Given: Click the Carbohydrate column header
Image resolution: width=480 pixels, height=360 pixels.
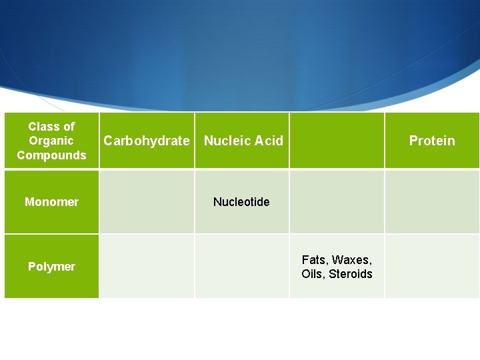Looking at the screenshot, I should tap(147, 141).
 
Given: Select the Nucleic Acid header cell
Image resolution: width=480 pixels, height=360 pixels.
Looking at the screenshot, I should tap(243, 141).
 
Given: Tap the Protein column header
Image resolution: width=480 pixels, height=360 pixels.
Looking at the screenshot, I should tap(432, 141).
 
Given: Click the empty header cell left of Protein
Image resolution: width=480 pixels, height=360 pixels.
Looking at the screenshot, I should tap(337, 141).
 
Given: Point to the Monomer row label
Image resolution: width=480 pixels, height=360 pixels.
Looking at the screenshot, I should tap(51, 201).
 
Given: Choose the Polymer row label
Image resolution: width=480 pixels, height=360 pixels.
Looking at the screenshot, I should tap(51, 267).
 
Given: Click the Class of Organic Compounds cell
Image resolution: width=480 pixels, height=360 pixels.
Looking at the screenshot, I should tap(51, 141).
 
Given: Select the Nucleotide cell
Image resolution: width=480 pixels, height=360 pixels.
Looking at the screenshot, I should tap(241, 201).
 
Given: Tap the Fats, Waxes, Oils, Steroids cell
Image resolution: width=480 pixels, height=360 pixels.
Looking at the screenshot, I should tap(337, 267).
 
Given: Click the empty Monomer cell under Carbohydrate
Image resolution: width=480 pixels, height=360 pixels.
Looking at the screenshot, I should tap(147, 201).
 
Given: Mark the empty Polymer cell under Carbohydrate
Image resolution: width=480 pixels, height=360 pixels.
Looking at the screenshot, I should tap(147, 267).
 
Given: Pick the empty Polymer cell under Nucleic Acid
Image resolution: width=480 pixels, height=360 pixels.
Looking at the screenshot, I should tap(241, 267).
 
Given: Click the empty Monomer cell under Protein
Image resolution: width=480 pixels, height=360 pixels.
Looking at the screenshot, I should tap(432, 201).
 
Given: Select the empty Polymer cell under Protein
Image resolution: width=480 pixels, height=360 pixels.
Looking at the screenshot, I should tap(432, 267).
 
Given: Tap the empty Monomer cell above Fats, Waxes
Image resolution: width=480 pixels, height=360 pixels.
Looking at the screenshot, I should tap(337, 201).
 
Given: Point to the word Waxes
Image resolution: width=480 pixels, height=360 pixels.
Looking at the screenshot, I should tap(351, 259).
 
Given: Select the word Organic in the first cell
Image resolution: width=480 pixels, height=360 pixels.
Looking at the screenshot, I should tap(51, 141).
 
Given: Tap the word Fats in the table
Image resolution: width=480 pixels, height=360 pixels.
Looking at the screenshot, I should tap(315, 259).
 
